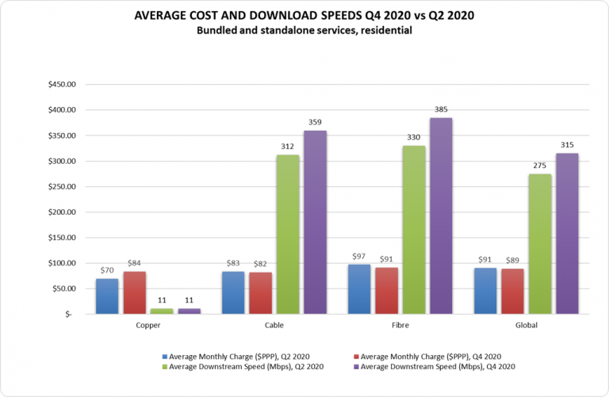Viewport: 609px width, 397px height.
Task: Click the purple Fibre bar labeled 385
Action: tap(440, 216)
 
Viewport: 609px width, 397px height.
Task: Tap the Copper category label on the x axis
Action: tap(147, 324)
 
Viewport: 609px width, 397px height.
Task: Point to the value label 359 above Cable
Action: tap(315, 123)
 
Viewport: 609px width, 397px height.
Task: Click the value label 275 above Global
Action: tap(540, 166)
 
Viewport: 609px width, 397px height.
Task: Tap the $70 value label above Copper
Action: tap(106, 271)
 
